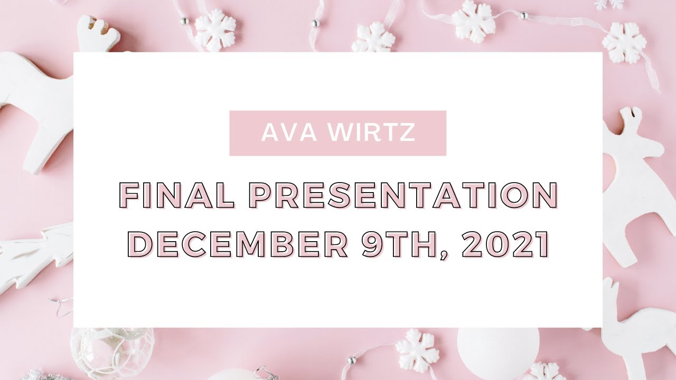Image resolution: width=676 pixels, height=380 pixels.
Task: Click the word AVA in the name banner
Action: coord(288,133)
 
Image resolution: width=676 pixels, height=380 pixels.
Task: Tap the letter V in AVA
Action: coord(288,133)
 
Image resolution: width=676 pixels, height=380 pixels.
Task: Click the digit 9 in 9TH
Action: coord(373,245)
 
